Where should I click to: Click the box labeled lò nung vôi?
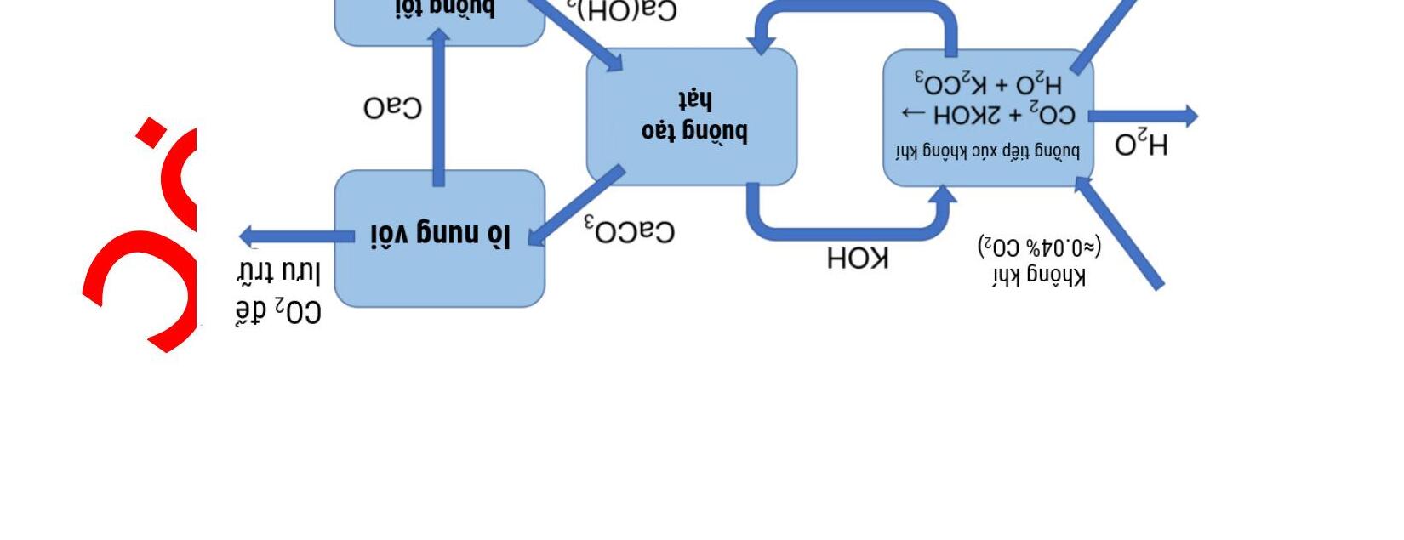(439, 238)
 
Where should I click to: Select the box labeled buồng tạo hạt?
(692, 117)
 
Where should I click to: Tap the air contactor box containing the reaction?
(988, 117)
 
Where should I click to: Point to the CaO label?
(392, 108)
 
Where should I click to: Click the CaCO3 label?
(630, 230)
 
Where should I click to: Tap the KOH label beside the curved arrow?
(858, 258)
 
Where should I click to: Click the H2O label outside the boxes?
(1142, 145)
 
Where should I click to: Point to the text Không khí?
(1039, 276)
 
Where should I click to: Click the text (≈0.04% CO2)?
(1039, 247)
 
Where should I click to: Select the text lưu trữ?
(278, 272)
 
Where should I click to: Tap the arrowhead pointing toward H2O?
(1186, 117)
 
